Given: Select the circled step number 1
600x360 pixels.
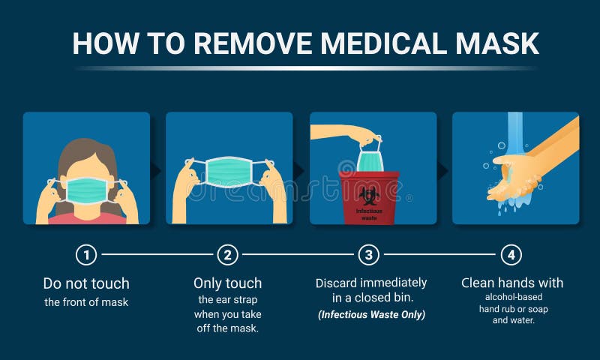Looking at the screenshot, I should coord(86,255).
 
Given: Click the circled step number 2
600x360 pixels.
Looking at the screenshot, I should coord(227,255).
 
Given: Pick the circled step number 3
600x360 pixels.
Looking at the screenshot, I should coord(368,255).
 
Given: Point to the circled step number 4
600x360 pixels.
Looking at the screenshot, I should coord(511,255).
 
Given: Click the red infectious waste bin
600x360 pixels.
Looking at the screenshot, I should coord(368,198).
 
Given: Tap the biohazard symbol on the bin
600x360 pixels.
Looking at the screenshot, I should coord(368,196).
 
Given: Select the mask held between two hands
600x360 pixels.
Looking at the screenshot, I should coord(228,172).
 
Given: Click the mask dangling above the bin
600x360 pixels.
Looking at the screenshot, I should coord(370,159).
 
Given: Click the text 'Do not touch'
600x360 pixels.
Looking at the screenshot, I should coord(86,283).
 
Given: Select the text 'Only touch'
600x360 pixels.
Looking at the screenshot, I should coord(227,283).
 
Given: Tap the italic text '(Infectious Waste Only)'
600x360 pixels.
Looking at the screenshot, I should coord(370,315).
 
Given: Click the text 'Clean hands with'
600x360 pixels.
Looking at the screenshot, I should coord(511,283).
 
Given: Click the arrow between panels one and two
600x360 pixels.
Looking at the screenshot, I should coord(156,170).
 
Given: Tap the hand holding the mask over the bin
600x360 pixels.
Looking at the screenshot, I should coord(352,133).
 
